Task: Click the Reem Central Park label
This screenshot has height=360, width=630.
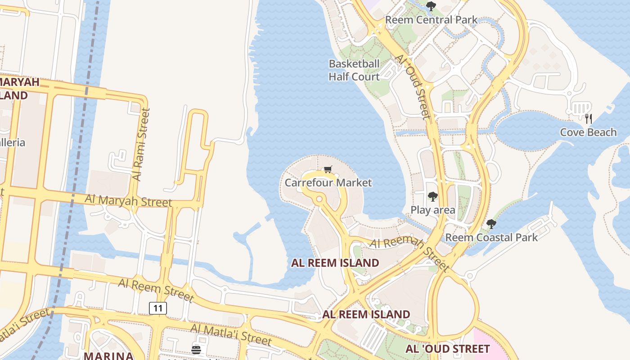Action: (431, 20)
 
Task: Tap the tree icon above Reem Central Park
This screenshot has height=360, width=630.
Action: (431, 6)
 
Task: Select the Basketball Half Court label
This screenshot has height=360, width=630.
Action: (354, 70)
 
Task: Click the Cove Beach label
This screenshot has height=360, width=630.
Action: (588, 132)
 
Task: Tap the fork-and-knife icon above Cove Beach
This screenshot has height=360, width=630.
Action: (588, 119)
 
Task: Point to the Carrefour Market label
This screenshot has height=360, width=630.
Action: (328, 183)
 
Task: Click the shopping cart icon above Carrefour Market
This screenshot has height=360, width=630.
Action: (328, 169)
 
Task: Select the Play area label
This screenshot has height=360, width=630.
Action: (432, 210)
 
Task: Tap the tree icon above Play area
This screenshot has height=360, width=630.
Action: (432, 197)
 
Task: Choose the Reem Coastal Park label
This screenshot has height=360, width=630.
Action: (491, 237)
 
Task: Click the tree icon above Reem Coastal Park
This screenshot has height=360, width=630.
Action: (491, 224)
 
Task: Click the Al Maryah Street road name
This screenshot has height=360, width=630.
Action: (129, 200)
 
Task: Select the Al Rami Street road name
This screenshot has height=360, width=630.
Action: (142, 144)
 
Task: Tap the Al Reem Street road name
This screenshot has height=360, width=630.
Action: (156, 289)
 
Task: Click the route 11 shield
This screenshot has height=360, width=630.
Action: (158, 308)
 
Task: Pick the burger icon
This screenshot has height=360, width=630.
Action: (196, 350)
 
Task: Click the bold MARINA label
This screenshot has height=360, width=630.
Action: (109, 355)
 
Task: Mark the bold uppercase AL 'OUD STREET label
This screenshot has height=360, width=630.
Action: (447, 349)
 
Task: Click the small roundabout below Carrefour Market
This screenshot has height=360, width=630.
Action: (319, 199)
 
